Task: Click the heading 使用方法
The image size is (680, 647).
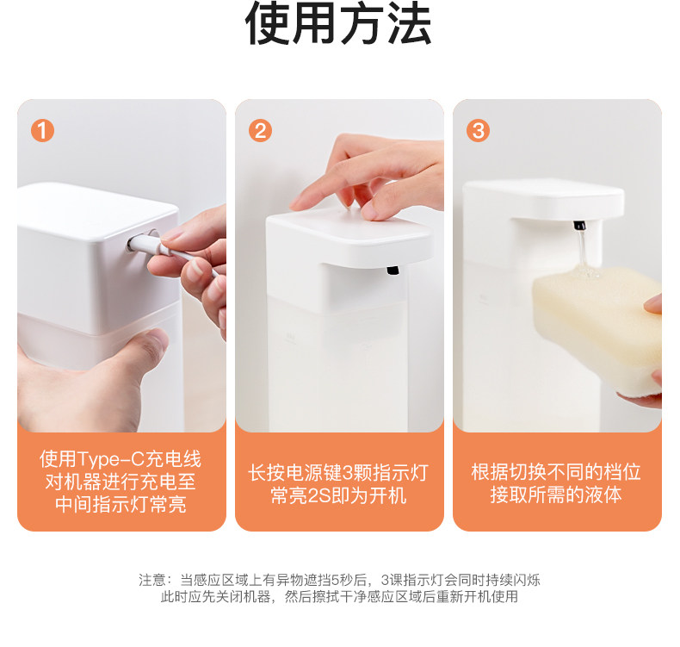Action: [x=338, y=23]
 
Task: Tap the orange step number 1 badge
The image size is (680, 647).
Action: [x=42, y=131]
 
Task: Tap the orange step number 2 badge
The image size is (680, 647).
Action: [x=260, y=131]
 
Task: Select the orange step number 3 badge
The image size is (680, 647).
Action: [x=478, y=131]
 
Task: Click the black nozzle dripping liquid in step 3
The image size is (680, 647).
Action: [x=579, y=225]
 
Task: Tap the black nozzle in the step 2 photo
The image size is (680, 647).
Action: [x=393, y=271]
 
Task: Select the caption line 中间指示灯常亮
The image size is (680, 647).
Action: [x=121, y=505]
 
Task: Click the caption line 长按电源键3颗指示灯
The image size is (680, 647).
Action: [x=338, y=473]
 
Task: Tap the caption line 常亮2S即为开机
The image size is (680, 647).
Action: [x=338, y=495]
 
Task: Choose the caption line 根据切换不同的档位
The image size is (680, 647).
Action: [x=556, y=472]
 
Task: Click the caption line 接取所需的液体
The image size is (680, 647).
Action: [x=556, y=495]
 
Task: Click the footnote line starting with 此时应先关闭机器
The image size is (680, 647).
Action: [x=339, y=597]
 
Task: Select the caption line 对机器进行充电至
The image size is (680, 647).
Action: [x=121, y=482]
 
